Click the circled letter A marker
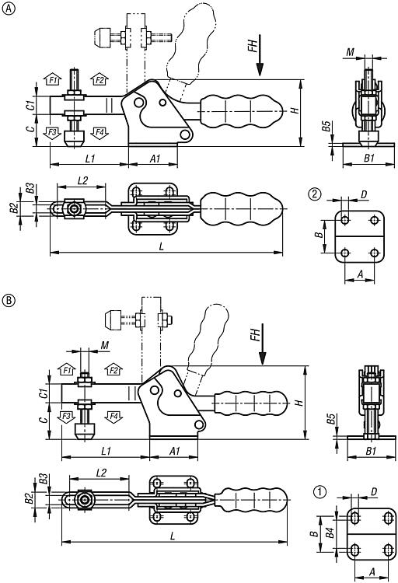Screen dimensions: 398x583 (9, 9)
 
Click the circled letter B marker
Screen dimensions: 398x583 (9, 300)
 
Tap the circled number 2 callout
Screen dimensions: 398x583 (315, 194)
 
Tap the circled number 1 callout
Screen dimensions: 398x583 (319, 492)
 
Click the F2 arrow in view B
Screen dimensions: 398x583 (113, 369)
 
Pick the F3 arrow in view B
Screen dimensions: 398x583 (66, 417)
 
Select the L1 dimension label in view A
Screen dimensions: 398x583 (90, 159)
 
